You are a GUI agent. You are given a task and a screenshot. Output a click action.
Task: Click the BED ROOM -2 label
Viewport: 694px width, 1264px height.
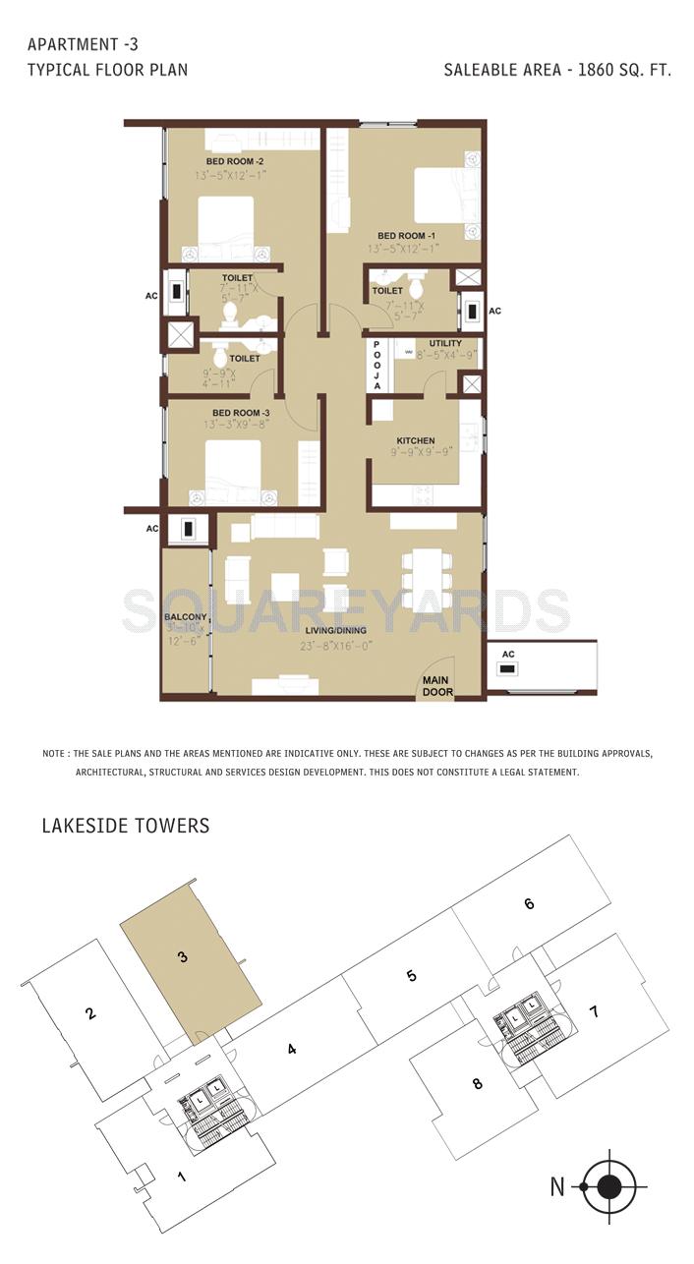coord(234,161)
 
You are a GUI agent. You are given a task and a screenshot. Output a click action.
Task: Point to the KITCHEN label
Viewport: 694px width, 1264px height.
coord(415,440)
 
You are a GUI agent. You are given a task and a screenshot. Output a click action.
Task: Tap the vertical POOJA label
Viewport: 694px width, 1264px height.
coord(376,366)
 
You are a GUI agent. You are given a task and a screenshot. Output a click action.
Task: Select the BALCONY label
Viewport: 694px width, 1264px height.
coord(186,617)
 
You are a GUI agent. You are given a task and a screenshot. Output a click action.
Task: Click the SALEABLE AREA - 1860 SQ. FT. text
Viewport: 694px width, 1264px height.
coord(557,70)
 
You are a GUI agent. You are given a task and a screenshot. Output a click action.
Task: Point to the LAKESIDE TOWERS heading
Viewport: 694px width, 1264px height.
coord(126,826)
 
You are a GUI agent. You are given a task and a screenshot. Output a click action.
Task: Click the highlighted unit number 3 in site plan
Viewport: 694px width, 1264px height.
coord(183,957)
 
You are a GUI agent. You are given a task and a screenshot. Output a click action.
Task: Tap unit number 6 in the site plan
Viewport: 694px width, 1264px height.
coord(529,903)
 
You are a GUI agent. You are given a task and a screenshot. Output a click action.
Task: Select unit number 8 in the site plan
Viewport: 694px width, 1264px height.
coord(478,1084)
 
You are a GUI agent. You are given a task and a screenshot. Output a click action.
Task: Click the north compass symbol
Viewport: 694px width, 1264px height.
coord(608,1186)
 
